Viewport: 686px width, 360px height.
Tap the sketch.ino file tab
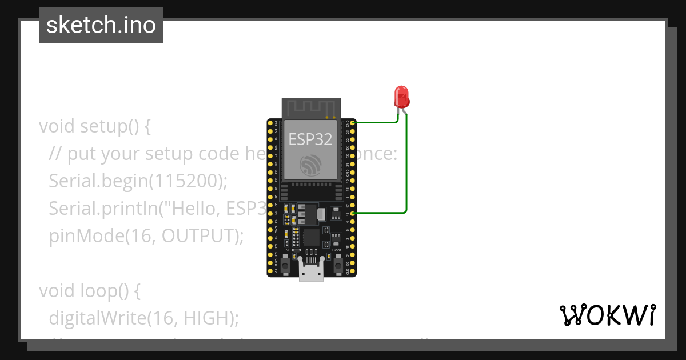coord(101,25)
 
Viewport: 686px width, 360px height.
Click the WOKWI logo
coord(607,315)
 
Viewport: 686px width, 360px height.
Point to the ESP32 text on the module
coord(310,139)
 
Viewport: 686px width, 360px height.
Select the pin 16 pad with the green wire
coord(353,213)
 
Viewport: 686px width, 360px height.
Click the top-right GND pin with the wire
coord(353,123)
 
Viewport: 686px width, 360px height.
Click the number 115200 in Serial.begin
coord(186,181)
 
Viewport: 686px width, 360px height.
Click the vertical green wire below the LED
coord(406,166)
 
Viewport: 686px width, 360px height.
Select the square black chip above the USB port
coord(312,236)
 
